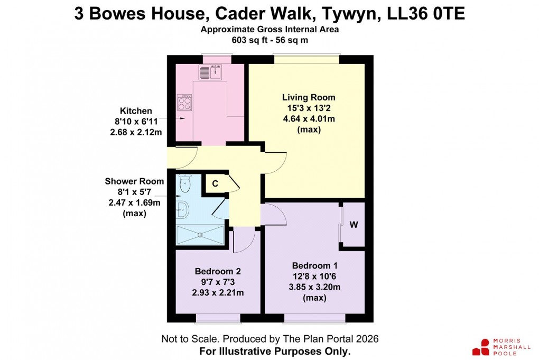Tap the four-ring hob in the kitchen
(185, 101)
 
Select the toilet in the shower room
(184, 184)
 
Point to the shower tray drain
(200, 235)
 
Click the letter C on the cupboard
(215, 183)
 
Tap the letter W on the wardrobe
(354, 225)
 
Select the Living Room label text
(309, 97)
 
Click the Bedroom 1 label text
(314, 265)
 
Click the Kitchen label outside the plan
(136, 111)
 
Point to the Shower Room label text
(134, 181)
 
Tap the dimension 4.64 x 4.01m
(309, 118)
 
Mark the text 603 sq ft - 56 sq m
(269, 40)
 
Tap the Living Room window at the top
(306, 59)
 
